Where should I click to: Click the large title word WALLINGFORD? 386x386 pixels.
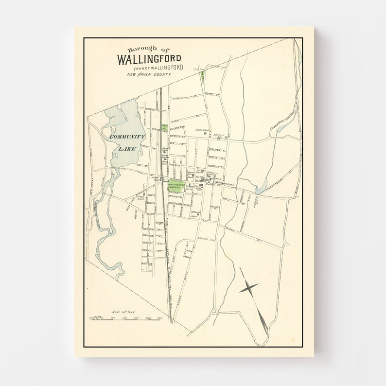pos(149,59)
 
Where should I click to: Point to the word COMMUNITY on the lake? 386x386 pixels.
pos(127,137)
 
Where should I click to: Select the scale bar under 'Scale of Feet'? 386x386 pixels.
pos(124,318)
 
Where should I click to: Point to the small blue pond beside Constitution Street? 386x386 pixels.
pos(261,187)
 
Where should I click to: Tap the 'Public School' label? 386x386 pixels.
pos(202,130)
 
